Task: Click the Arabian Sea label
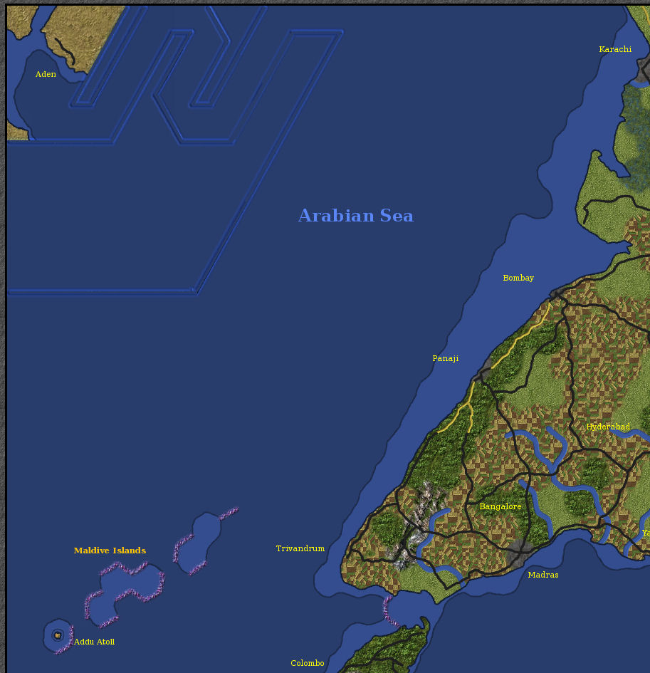click(355, 216)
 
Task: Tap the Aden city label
click(46, 74)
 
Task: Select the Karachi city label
click(615, 49)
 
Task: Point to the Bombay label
click(518, 278)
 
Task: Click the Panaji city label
click(445, 358)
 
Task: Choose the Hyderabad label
click(607, 427)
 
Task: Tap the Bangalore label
click(500, 506)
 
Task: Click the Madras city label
click(542, 575)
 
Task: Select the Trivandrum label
click(300, 548)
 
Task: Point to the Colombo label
click(307, 663)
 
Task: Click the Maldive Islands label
click(110, 551)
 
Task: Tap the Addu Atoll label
click(94, 642)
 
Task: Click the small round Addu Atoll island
click(58, 635)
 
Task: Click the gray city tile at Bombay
click(557, 293)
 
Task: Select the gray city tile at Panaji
click(485, 373)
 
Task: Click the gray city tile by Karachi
click(644, 70)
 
